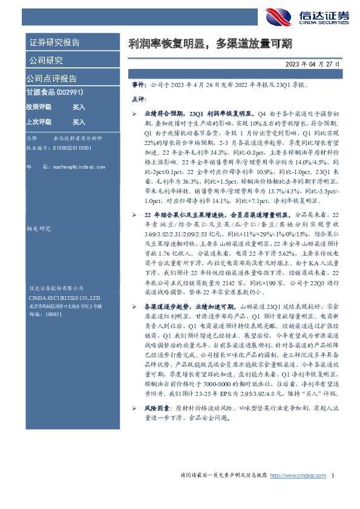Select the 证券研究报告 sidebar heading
coord(54,43)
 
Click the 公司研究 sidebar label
coord(45,60)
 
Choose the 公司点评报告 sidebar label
coord(51,79)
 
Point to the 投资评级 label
coord(39,107)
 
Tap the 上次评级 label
coord(39,122)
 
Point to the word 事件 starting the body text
coord(138,86)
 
